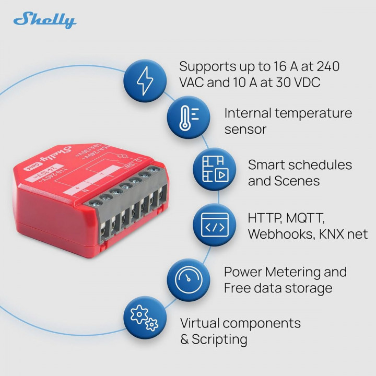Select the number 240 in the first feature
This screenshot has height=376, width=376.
coord(325,67)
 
